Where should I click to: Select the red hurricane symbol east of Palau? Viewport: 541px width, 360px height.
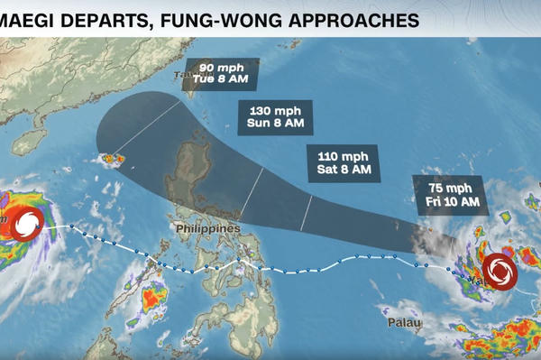[499, 271]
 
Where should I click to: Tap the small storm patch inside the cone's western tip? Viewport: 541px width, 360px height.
[113, 160]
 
